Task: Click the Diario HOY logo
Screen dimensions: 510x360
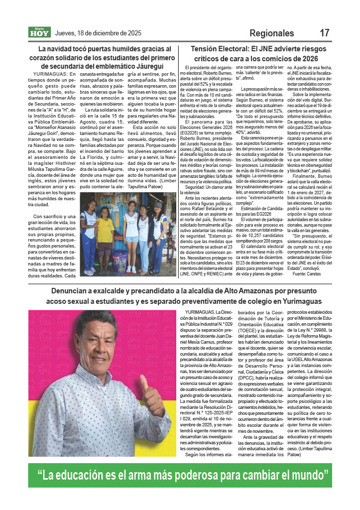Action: pyautogui.click(x=39, y=33)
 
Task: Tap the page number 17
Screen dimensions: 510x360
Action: pyautogui.click(x=324, y=33)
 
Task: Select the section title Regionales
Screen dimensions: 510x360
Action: pyautogui.click(x=271, y=33)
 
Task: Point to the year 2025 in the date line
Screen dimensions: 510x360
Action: pyautogui.click(x=132, y=33)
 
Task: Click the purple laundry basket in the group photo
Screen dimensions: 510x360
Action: pyautogui.click(x=121, y=261)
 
